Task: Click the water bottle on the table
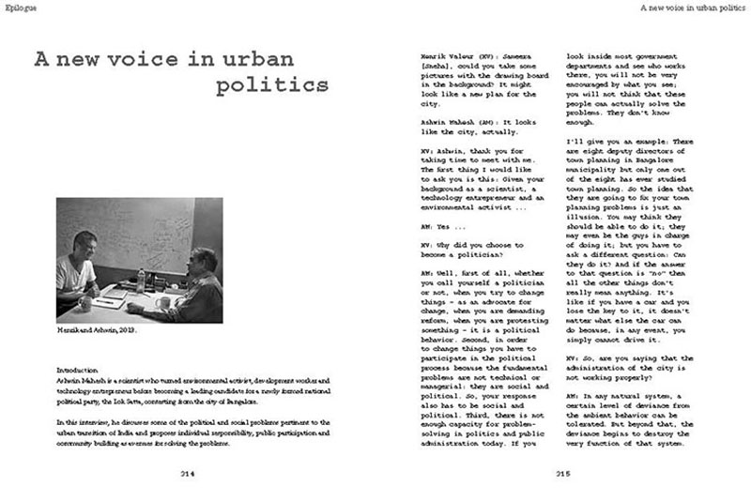[140, 279]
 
